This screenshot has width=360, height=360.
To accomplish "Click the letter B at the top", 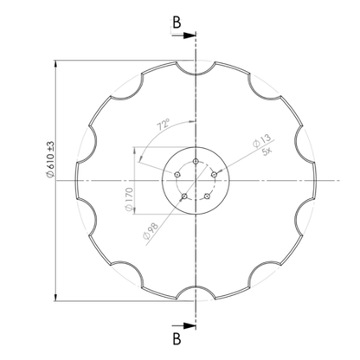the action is click(177, 22).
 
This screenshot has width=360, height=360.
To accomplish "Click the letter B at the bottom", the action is click(177, 339).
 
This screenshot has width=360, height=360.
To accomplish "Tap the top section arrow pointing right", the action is click(184, 35).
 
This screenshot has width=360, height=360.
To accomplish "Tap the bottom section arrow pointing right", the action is click(184, 325).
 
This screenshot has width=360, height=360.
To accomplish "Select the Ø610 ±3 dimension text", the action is click(50, 160).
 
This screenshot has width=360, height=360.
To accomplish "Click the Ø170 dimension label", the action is click(129, 200).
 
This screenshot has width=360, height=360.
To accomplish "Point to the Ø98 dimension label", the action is click(151, 231).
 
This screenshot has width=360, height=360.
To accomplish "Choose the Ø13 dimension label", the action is click(262, 140).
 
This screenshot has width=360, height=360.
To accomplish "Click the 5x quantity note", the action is click(267, 151).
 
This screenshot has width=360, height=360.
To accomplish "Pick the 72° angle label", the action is click(163, 125).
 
